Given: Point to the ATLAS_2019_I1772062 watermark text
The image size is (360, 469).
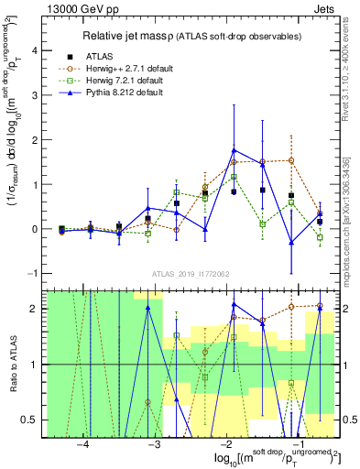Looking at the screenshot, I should (191, 273).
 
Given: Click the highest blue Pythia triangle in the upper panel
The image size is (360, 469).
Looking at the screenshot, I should (235, 150).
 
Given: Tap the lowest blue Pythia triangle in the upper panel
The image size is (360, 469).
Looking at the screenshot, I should (291, 243).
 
